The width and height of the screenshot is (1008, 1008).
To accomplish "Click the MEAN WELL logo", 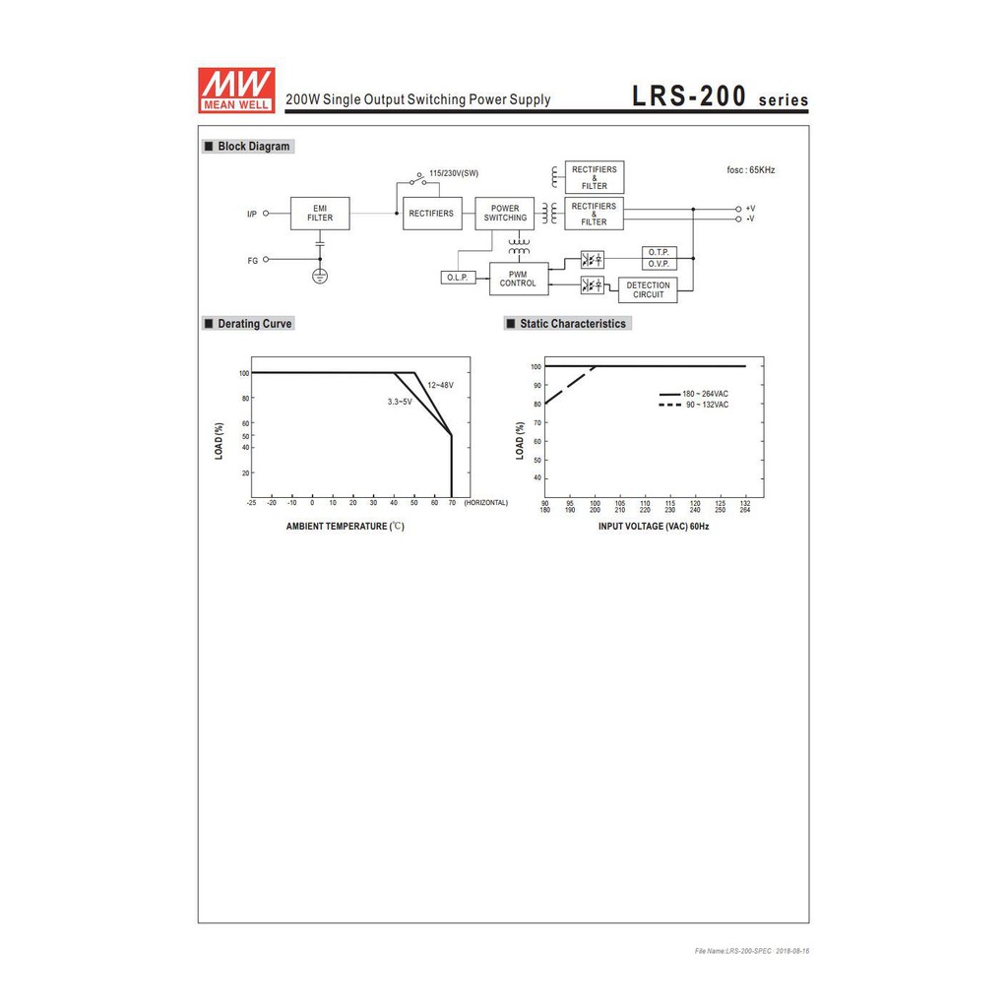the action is [x=236, y=90].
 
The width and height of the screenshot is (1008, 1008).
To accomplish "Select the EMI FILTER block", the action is [x=320, y=214].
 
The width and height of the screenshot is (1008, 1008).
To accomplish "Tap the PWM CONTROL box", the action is [x=519, y=279].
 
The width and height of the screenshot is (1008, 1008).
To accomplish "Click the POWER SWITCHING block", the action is [x=505, y=214].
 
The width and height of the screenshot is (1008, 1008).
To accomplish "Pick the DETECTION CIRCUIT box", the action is [x=648, y=290].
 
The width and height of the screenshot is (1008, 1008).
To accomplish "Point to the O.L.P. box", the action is [x=458, y=278].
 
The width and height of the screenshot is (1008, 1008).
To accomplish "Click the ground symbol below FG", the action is [x=320, y=276].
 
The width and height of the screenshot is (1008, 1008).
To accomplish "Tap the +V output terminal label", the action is [x=750, y=209].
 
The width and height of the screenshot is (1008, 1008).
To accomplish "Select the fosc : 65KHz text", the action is [x=751, y=170].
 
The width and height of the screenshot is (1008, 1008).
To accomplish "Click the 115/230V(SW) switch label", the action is [x=454, y=173].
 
